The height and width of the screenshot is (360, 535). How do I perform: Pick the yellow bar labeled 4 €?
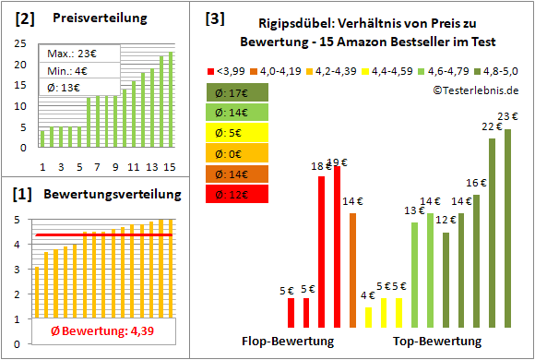pyautogui.click(x=368, y=317)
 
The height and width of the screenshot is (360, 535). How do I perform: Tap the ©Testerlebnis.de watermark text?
pyautogui.click(x=474, y=90)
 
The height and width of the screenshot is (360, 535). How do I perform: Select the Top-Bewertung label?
pyautogui.click(x=437, y=341)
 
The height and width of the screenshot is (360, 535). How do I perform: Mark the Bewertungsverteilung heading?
pyautogui.click(x=104, y=195)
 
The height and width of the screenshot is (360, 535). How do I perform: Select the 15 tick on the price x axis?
pyautogui.click(x=169, y=166)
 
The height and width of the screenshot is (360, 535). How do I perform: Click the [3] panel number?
pyautogui.click(x=214, y=18)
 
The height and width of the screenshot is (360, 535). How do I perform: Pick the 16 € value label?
pyautogui.click(x=475, y=183)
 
